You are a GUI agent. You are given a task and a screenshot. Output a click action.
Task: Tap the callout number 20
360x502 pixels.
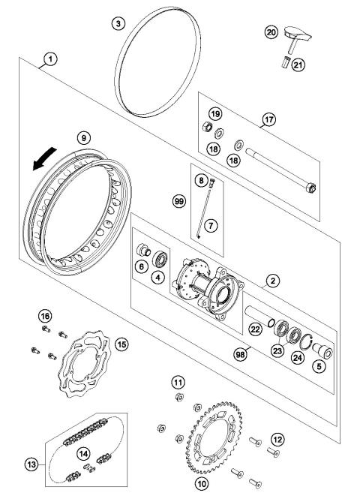tap(271, 32)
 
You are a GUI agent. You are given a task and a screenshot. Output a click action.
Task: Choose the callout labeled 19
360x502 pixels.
tap(214, 114)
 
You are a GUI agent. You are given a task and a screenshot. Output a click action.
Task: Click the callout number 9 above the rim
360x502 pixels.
tap(84, 137)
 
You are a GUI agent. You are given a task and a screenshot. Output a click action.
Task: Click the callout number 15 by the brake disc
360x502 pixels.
tap(121, 344)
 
